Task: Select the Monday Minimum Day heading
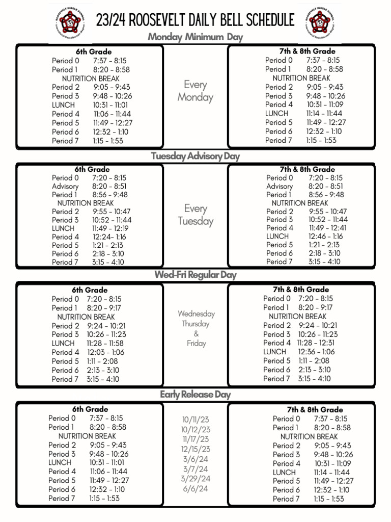pos(195,37)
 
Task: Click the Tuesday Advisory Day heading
pos(195,156)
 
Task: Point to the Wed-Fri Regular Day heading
pos(195,275)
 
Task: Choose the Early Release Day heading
pos(195,394)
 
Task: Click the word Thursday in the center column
pos(196,324)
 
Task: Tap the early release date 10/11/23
pos(196,420)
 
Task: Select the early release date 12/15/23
pos(196,449)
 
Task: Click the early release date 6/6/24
pos(196,488)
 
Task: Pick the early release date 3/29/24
pos(196,479)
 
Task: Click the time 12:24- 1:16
pos(109,237)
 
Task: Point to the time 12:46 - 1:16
pos(325,236)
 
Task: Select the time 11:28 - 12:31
pos(316,343)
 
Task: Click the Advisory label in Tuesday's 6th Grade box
pos(65,186)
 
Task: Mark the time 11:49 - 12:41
pos(327,228)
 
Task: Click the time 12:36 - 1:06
pos(317,352)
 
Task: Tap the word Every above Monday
pos(195,85)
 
